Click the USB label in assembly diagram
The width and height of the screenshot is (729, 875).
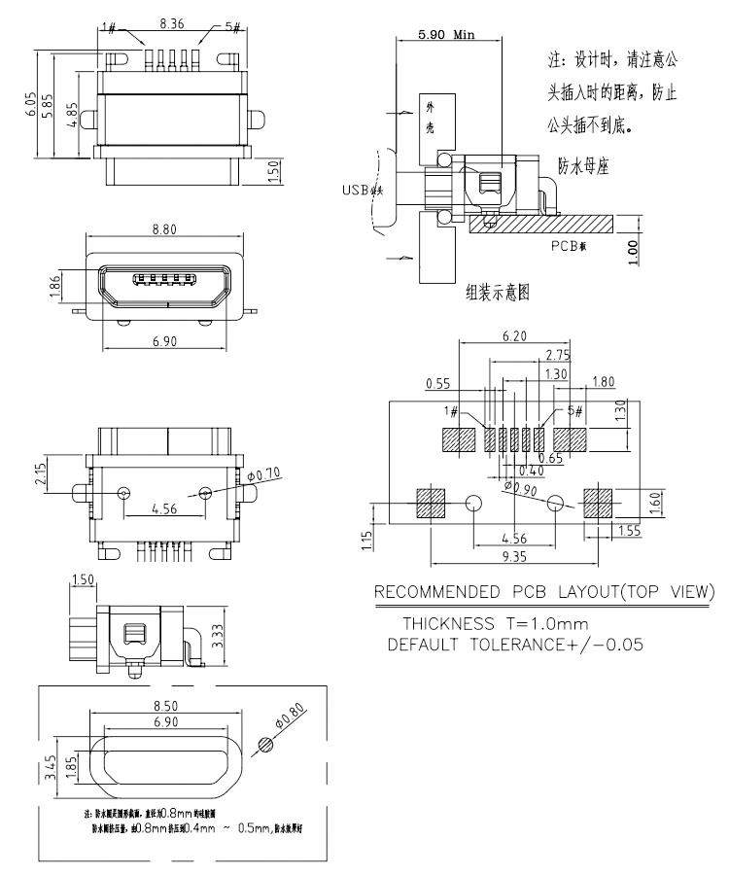[x=361, y=191]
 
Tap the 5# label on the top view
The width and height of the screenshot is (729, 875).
[x=232, y=26]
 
